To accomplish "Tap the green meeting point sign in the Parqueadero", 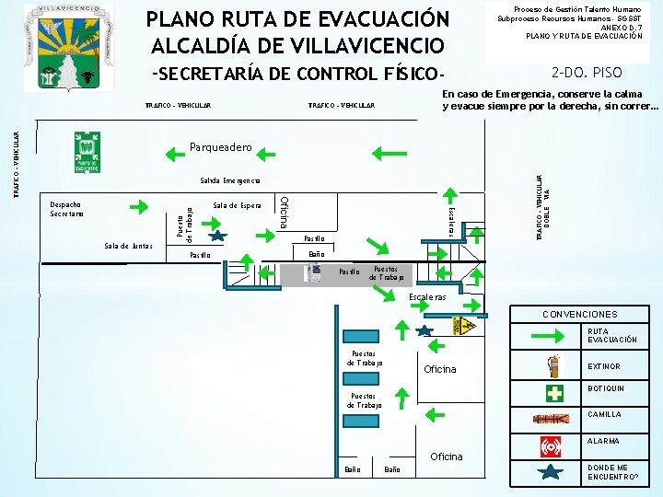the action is pos(87,152).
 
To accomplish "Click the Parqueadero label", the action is pos(221,147).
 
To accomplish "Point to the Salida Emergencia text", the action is pos(230,179).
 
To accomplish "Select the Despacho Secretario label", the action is pos(66,209).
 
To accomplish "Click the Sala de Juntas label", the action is pos(129,246).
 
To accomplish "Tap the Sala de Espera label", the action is pos(237,204).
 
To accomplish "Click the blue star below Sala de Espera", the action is pos(215,237).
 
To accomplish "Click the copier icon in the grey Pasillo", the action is pos(315,272).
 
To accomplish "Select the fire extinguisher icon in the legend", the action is pos(553,366).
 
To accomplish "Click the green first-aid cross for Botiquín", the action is pos(554,393).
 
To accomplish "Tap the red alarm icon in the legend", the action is pos(552,447).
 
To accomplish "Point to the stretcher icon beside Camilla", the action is pos(552,419).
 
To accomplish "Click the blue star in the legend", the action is pos(551,474).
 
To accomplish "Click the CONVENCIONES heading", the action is pos(580,315).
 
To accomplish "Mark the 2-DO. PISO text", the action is pos(587,73).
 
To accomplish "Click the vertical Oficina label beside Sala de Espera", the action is pos(285,214).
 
